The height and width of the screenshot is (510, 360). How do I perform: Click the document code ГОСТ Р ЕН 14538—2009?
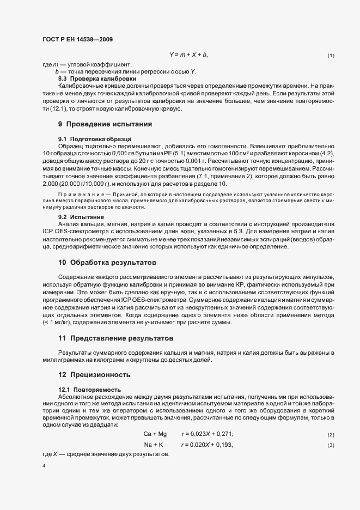tap(77, 39)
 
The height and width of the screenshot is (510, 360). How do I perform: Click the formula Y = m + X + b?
tap(188, 56)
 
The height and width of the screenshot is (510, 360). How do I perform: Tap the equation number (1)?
tap(331, 56)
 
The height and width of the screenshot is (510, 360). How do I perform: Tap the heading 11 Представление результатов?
tap(115, 338)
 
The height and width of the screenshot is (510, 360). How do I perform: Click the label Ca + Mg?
tap(155, 434)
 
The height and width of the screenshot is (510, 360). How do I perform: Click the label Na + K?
tap(154, 445)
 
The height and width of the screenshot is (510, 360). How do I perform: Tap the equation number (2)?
tap(331, 434)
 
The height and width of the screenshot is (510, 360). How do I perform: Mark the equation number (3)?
tap(331, 446)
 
